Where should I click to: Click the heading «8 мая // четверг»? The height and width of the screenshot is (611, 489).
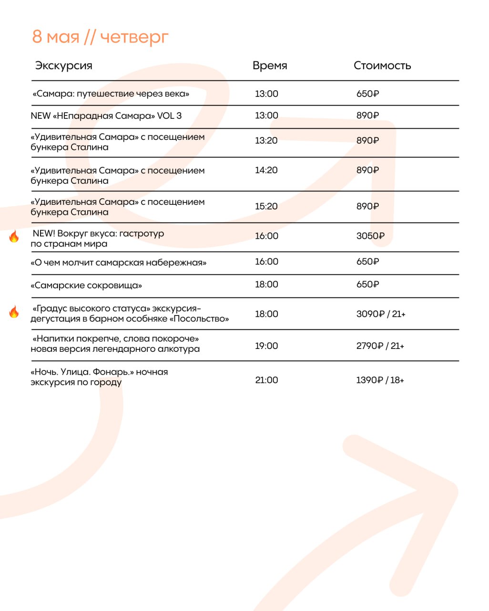click(100, 37)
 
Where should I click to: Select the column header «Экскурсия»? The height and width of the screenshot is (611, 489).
click(63, 65)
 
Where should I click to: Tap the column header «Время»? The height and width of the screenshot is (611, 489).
click(270, 65)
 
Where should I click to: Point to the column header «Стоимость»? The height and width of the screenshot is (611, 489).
click(382, 65)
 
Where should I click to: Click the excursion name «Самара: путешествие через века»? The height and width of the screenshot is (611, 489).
click(111, 94)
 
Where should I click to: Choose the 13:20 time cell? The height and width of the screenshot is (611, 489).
click(266, 140)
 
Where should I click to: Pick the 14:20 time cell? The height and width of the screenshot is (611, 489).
click(266, 170)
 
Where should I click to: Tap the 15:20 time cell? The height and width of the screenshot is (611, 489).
click(266, 206)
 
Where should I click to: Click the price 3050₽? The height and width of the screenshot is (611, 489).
click(370, 236)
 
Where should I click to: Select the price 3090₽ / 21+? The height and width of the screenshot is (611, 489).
click(380, 314)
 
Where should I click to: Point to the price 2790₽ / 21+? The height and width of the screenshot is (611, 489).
click(380, 346)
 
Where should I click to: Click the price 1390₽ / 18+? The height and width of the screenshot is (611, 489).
click(380, 380)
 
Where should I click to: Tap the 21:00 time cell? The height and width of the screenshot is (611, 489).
click(266, 380)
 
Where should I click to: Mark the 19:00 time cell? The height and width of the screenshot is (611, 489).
click(266, 346)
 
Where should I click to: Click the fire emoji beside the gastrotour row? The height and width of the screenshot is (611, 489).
click(14, 236)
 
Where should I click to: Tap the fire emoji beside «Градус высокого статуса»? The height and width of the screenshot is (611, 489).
click(14, 312)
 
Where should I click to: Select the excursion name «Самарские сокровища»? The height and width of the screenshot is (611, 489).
click(86, 285)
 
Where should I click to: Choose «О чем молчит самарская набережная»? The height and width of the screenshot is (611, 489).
click(118, 263)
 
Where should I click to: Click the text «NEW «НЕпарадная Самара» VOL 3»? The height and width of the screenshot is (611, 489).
click(106, 116)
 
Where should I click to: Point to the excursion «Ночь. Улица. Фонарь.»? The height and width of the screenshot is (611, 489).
click(99, 377)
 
